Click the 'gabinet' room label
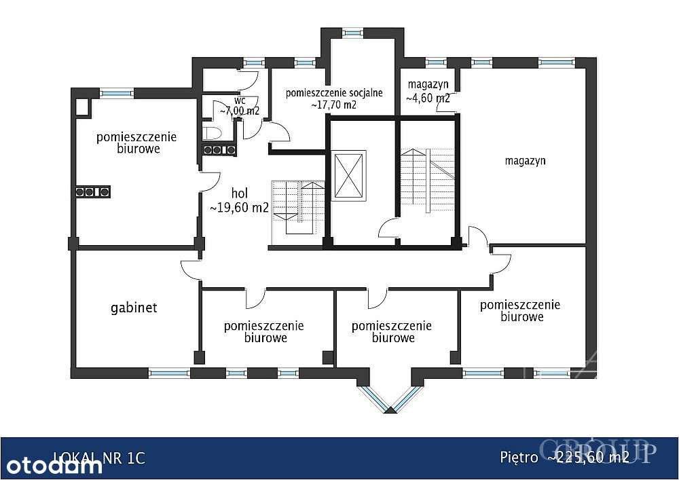coord(134,308)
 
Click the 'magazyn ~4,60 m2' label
coord(428,91)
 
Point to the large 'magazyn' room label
coord(526,161)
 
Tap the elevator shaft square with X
coord(349,176)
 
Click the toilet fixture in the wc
coord(210,131)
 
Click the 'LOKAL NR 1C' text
coord(99,458)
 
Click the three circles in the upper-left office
coord(92,192)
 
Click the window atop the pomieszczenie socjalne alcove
coord(352,31)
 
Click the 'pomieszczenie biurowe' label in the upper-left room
coord(136,142)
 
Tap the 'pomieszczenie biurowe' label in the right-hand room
coord(520,310)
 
